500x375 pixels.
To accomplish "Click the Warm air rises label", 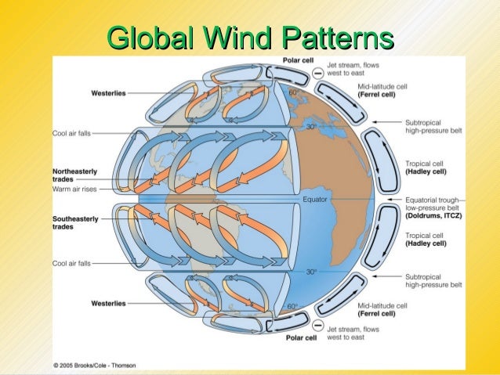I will click(x=74, y=189).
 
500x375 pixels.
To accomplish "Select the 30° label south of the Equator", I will click(x=311, y=272).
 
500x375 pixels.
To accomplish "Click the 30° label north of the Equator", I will click(x=311, y=127).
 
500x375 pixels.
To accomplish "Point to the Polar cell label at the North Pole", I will click(x=299, y=60).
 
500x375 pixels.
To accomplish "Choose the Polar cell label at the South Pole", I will click(x=299, y=337).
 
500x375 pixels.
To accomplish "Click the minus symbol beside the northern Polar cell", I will click(x=317, y=72).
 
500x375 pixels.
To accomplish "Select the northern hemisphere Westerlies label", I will click(x=109, y=92).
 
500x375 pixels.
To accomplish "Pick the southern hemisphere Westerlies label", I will click(x=109, y=303).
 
